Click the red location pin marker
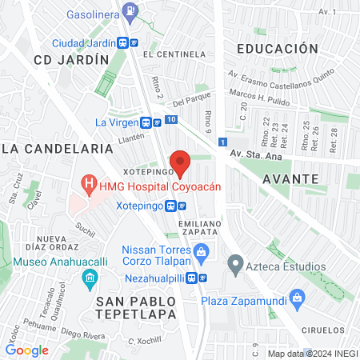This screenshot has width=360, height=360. coord(181,162)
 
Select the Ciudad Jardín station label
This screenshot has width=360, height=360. coord(83,43)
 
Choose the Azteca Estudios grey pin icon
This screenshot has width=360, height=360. coord(235,262)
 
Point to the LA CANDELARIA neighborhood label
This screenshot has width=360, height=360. coord(57,149)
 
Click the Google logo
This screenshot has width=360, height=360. coord(26,350)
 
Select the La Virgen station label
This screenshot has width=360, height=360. coord(117,122)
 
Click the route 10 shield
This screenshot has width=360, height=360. coord(172,120)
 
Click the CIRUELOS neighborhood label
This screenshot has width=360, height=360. coord(325,330)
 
